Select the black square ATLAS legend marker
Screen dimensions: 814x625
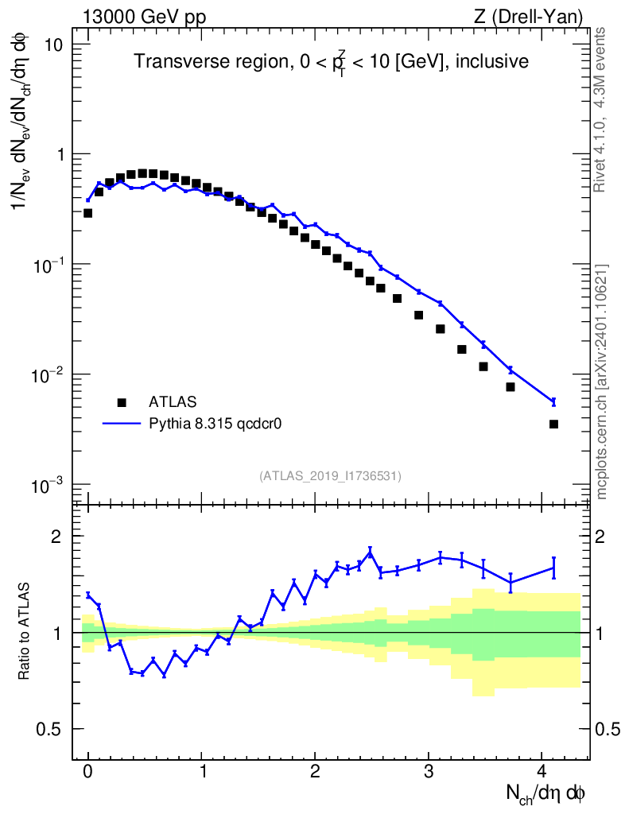coord(121,402)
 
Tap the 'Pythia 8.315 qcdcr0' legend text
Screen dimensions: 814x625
coord(216,424)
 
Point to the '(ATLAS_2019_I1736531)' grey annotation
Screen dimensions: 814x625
coord(330,476)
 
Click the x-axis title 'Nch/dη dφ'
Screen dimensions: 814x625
coord(546,793)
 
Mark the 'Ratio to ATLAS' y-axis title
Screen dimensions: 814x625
coord(25,632)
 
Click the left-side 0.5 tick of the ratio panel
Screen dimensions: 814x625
coord(56,729)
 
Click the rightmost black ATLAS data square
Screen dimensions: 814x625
coord(553,424)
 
